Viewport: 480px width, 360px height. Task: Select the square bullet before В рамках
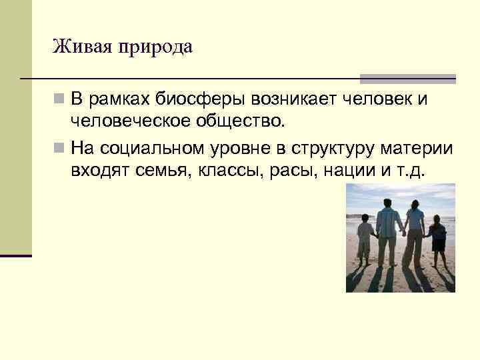(60, 100)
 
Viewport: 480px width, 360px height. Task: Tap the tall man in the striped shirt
(387, 230)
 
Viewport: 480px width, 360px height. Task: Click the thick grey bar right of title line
(407, 78)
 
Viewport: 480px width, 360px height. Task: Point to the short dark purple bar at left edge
(16, 255)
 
